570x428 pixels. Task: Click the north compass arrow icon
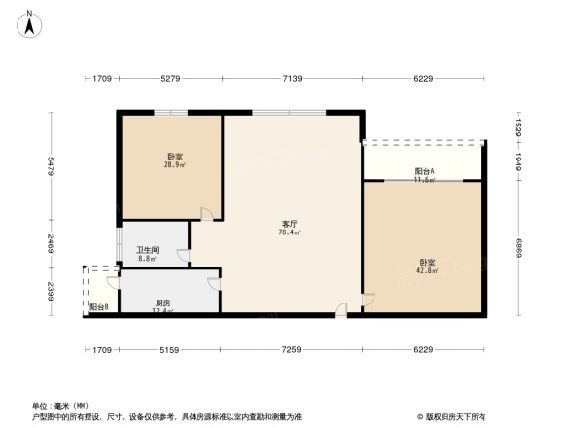tap(30, 21)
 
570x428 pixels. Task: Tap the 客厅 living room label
tap(289, 224)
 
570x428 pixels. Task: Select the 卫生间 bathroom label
tap(146, 249)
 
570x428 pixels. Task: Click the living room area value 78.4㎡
tap(289, 232)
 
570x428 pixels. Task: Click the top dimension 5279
tap(171, 78)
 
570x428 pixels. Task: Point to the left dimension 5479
tap(51, 170)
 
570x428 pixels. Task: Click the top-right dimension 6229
tap(423, 78)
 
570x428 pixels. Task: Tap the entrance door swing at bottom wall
tap(340, 308)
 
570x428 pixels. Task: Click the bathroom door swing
tap(183, 256)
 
